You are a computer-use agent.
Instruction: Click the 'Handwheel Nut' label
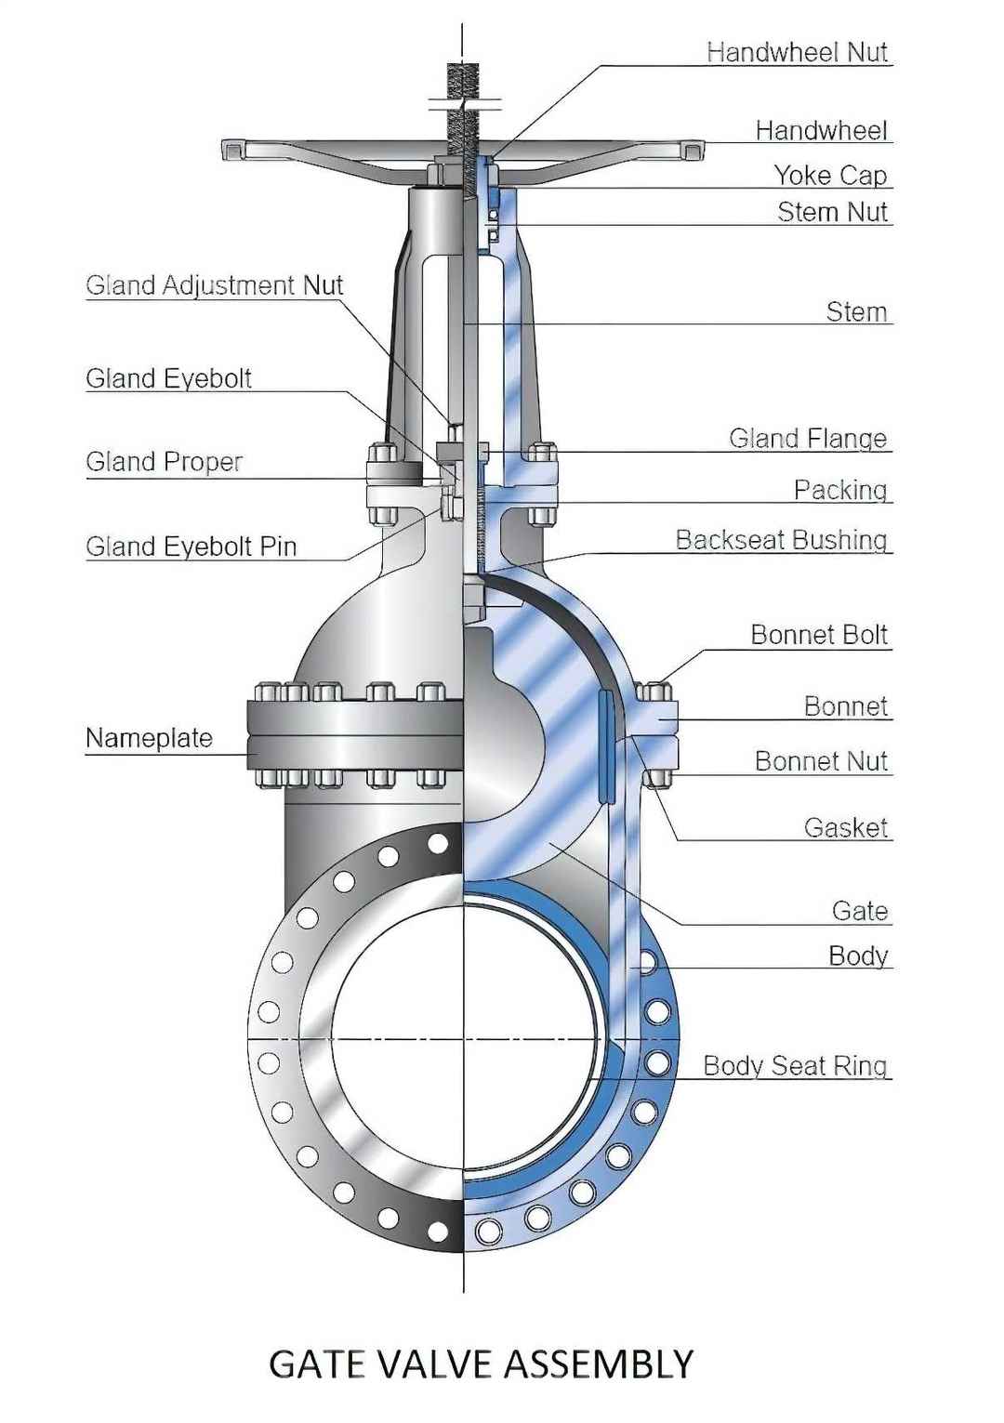click(797, 52)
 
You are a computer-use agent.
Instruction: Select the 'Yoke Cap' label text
click(830, 175)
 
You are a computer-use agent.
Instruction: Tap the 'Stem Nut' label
click(832, 212)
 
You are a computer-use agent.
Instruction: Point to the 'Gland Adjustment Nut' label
click(214, 285)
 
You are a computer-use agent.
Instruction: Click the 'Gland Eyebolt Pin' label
click(191, 547)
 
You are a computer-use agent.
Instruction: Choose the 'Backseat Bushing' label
click(781, 540)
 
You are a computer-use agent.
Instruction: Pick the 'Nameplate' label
click(149, 738)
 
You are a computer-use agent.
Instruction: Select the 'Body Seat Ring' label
click(795, 1065)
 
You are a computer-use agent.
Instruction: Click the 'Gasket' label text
click(845, 827)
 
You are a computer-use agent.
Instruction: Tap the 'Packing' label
click(839, 490)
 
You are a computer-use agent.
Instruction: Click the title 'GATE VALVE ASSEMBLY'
click(481, 1364)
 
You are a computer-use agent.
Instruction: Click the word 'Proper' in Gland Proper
click(204, 462)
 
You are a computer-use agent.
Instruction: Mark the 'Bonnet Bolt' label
click(819, 635)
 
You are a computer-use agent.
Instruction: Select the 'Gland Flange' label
click(807, 439)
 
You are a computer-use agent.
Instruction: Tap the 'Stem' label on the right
click(856, 311)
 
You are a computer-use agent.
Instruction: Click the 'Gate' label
click(860, 911)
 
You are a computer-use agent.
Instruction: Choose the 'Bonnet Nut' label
click(821, 761)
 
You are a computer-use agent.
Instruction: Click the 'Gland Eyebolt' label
click(168, 378)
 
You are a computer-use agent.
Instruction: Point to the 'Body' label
click(858, 955)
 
